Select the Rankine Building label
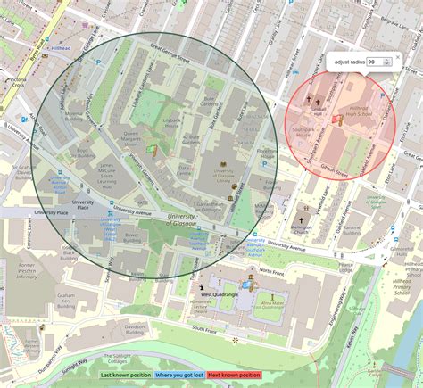[x=350, y=230]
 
